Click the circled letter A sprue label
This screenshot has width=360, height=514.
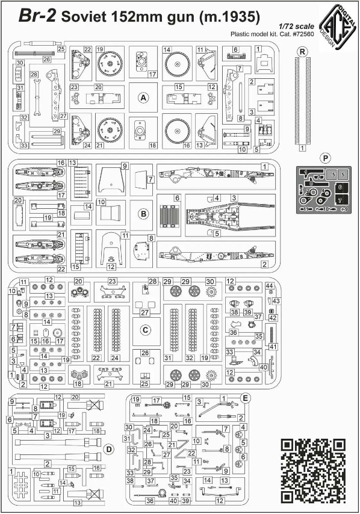(x=143, y=98)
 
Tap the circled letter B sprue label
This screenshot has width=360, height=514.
(x=143, y=212)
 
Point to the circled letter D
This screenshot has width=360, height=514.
(x=108, y=449)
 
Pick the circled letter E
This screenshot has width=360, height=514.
(x=245, y=398)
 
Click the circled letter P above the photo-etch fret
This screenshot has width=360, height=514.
(x=325, y=158)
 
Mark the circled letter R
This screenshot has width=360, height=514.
(x=302, y=52)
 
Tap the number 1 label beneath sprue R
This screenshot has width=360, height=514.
(x=302, y=147)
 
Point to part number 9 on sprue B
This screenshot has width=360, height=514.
(x=123, y=166)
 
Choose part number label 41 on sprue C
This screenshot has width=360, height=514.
(x=272, y=347)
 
